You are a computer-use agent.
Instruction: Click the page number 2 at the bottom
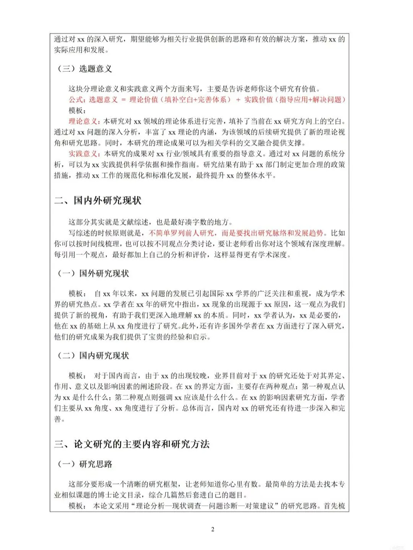(213, 529)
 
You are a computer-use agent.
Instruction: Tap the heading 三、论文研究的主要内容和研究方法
(132, 444)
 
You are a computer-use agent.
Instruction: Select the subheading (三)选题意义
(85, 69)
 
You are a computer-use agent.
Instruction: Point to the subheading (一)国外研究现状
(93, 273)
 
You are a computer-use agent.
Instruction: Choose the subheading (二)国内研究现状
(93, 356)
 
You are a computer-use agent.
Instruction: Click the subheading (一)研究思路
(85, 464)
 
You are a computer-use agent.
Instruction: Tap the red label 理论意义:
(85, 121)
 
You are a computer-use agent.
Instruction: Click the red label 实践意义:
(85, 154)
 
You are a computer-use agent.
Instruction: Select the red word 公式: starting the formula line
(77, 100)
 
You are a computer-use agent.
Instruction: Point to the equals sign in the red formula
(123, 100)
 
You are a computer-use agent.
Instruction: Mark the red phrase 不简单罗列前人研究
(181, 233)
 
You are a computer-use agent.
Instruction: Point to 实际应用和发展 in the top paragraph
(79, 50)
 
